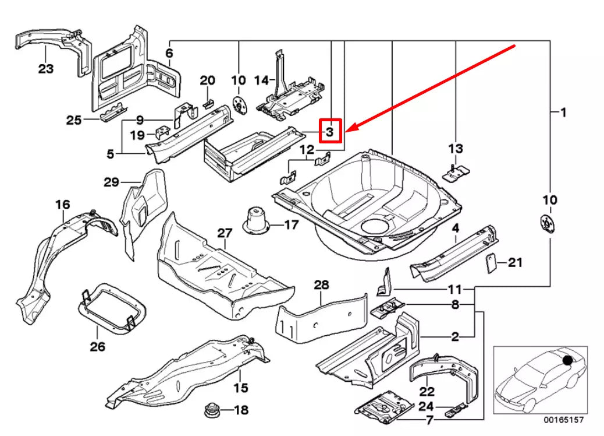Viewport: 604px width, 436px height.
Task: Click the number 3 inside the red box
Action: pyautogui.click(x=329, y=131)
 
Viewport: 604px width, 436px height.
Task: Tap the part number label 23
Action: pyautogui.click(x=46, y=69)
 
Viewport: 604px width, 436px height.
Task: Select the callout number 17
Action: pyautogui.click(x=290, y=224)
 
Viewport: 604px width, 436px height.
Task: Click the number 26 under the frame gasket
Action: pyautogui.click(x=97, y=347)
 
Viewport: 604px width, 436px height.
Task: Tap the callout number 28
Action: pyautogui.click(x=321, y=285)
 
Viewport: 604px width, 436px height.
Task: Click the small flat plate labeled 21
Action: pyautogui.click(x=491, y=263)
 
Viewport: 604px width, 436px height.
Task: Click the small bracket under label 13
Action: pyautogui.click(x=454, y=172)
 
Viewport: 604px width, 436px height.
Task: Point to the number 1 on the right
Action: pyautogui.click(x=563, y=112)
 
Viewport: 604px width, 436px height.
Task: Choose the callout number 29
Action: pyautogui.click(x=111, y=182)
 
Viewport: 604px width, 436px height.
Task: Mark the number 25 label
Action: pyautogui.click(x=73, y=120)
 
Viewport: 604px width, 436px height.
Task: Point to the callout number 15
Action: pyautogui.click(x=241, y=388)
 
